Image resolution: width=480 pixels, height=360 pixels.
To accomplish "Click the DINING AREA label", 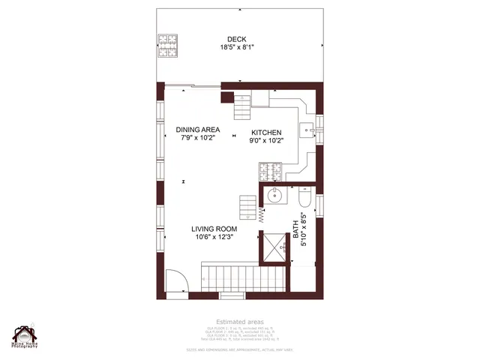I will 198,129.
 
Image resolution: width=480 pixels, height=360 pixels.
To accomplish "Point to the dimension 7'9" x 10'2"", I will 198,138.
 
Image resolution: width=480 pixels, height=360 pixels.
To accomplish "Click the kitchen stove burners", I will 269,173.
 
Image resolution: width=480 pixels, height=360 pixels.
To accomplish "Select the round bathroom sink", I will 275,197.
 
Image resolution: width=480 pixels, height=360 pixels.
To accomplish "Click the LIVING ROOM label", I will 214,229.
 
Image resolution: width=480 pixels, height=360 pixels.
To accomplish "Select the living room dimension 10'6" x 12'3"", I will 214,238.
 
